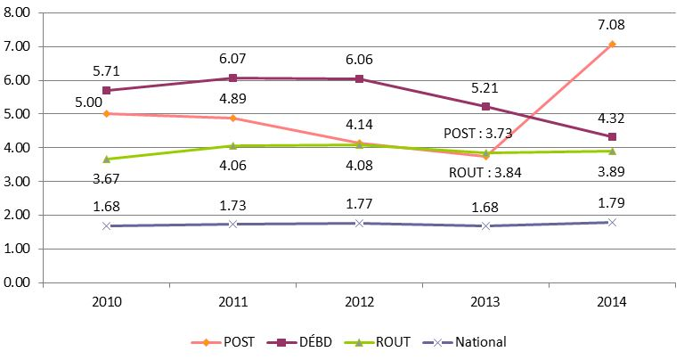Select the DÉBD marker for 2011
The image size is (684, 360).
pyautogui.click(x=232, y=78)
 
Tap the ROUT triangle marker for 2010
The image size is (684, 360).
pyautogui.click(x=106, y=159)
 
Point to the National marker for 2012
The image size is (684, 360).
pyautogui.click(x=359, y=223)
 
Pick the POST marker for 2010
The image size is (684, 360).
pyautogui.click(x=106, y=113)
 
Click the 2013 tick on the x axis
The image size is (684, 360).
pyautogui.click(x=485, y=302)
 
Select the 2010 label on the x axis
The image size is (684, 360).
pyautogui.click(x=106, y=302)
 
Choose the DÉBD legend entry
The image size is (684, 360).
pyautogui.click(x=304, y=341)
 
